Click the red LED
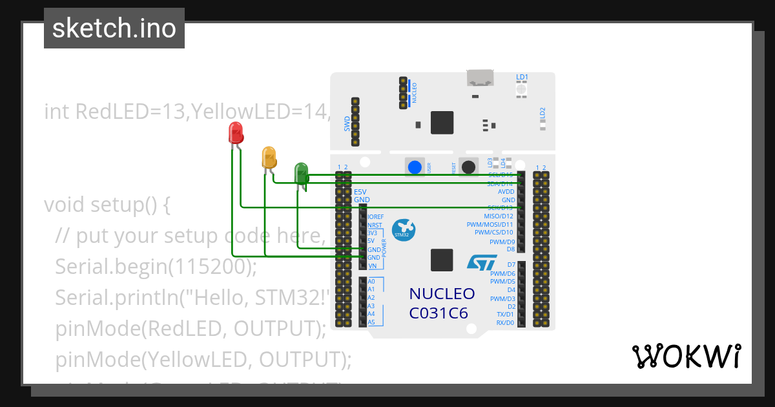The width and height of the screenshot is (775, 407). point(236,133)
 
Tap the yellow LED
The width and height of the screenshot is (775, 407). point(269,158)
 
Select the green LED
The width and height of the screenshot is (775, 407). point(301,174)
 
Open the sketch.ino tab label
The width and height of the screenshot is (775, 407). point(114,28)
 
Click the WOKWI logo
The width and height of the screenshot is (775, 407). point(686,356)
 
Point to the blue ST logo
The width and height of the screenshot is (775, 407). point(482,262)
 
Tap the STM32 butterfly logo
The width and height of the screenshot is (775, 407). point(404,228)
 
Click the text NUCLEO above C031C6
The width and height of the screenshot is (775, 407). point(442,294)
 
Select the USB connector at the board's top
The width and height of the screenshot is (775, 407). point(480,79)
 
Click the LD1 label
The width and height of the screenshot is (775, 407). point(522,78)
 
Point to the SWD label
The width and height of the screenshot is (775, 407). point(347,123)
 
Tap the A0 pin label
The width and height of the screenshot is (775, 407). point(371,282)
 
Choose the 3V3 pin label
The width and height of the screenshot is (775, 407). point(373,233)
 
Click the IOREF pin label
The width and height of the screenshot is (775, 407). point(375,217)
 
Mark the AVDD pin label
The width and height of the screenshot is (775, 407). point(506,192)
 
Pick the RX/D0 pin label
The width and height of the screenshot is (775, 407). point(505,322)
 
